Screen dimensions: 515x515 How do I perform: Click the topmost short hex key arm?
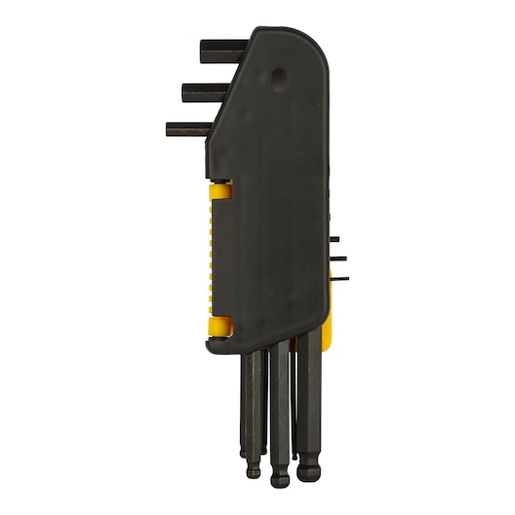point(222,50)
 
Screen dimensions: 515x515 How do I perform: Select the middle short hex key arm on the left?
point(206,93)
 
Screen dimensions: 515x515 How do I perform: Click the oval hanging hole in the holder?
point(281,77)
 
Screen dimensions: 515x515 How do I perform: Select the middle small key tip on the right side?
point(339,258)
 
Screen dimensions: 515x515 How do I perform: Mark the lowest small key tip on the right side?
point(339,279)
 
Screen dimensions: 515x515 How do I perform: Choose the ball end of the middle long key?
point(281,473)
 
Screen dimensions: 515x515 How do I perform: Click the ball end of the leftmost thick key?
point(254,471)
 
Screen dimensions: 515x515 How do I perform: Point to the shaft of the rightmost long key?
point(308,408)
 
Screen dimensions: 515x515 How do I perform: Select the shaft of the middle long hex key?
point(280,408)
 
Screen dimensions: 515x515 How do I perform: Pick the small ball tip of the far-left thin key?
point(243,451)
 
